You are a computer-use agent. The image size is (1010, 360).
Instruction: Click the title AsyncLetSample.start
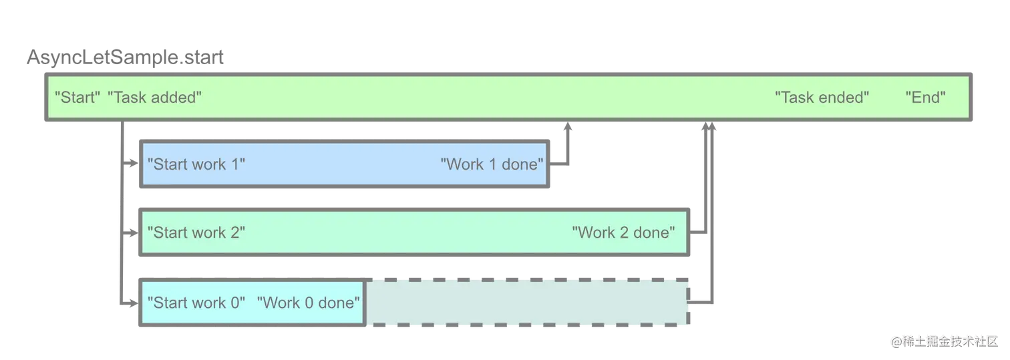[x=125, y=58]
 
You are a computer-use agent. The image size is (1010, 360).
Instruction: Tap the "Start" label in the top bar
[x=77, y=98]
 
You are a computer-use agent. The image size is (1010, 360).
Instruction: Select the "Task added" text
[x=154, y=98]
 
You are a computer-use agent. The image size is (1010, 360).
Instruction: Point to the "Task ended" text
[x=822, y=98]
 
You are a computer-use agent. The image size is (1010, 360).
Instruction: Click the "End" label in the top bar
[x=925, y=98]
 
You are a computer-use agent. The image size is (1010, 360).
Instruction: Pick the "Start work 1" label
[x=196, y=164]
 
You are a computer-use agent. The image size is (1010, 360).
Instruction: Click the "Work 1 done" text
[x=492, y=164]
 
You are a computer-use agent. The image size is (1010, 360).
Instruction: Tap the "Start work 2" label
[x=196, y=232]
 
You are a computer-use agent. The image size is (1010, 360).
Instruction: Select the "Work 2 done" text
[x=624, y=232]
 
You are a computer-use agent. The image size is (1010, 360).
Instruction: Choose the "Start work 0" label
[x=196, y=303]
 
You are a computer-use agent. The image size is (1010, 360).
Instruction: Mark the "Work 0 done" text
[x=309, y=303]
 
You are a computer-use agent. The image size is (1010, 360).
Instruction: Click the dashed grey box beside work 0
[x=526, y=303]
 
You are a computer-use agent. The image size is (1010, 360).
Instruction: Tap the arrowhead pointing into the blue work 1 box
[x=133, y=163]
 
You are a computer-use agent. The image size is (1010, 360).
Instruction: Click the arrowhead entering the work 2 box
[x=133, y=233]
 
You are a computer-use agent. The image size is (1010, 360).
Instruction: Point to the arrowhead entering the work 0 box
[x=133, y=303]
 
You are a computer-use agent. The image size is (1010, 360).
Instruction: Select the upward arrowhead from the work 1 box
[x=568, y=127]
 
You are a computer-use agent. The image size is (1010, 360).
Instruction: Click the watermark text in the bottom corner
[x=945, y=341]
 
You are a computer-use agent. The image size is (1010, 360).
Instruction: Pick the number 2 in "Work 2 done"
[x=624, y=232]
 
